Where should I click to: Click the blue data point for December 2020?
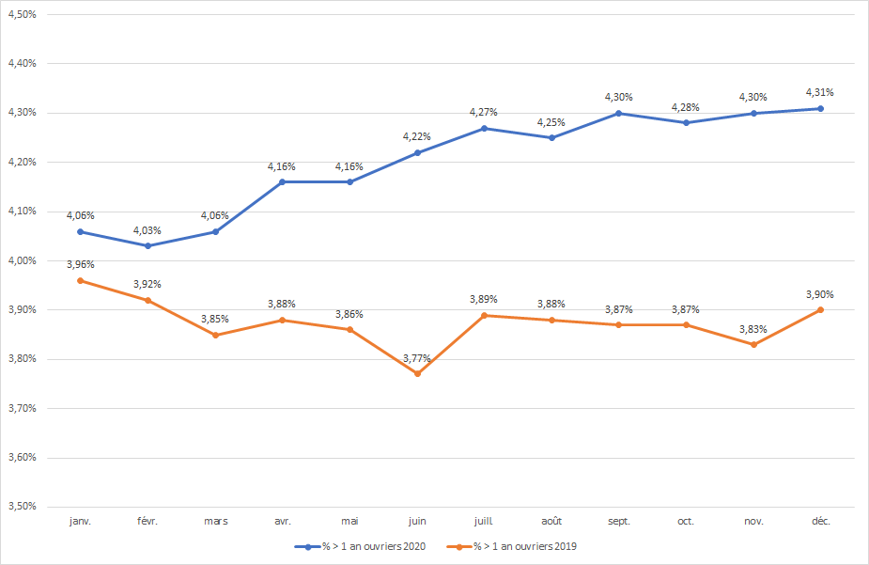pos(820,108)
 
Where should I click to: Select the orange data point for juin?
pos(417,374)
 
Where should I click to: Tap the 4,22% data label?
pos(417,136)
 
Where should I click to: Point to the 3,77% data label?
pos(417,358)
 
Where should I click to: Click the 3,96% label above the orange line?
pos(81,264)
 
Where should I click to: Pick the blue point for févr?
pos(148,246)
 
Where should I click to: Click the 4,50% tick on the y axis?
pos(22,15)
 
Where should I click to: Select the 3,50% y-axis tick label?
pos(22,507)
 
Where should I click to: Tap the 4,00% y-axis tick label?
pos(22,260)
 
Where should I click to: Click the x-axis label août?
pos(551,521)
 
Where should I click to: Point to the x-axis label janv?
pos(81,521)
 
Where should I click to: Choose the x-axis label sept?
pos(618,521)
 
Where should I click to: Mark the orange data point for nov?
pos(753,344)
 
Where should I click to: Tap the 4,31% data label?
pos(820,92)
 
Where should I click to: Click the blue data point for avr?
pos(283,181)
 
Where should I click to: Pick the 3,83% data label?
pos(753,329)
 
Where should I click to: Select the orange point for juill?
pos(484,315)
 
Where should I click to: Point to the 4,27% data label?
pos(484,112)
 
